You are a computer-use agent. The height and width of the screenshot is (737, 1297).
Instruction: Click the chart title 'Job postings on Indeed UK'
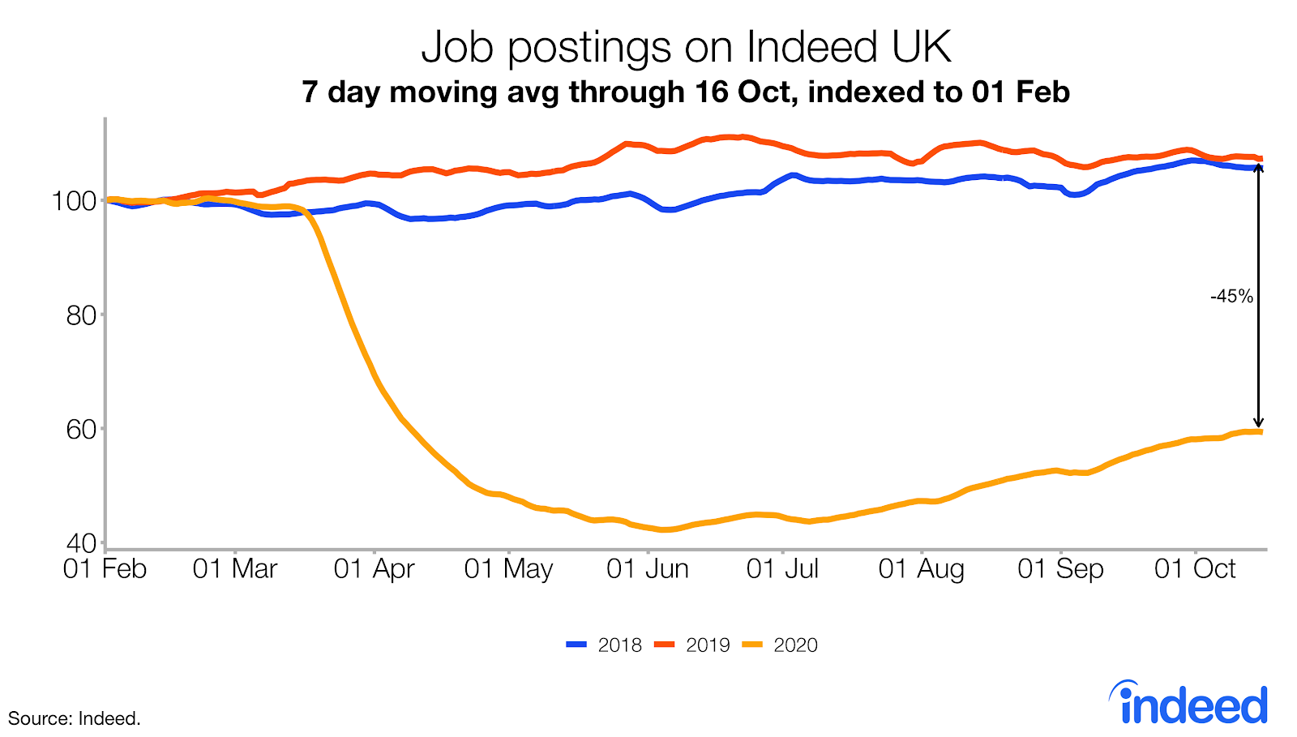(x=686, y=47)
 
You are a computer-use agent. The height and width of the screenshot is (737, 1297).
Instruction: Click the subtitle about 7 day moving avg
(x=686, y=92)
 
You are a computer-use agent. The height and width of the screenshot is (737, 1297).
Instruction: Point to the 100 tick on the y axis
(x=75, y=200)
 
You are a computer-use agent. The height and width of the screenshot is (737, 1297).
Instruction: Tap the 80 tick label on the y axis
(x=81, y=315)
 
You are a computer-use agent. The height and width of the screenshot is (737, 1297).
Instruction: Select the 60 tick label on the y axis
(x=81, y=429)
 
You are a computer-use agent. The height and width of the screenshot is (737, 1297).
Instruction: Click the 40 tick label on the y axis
(x=81, y=542)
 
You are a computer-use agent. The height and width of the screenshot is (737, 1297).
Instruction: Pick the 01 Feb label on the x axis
(x=105, y=569)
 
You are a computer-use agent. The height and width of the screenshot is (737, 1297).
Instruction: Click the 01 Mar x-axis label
(x=235, y=569)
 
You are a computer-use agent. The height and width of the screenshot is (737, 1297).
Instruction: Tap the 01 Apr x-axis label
(x=374, y=569)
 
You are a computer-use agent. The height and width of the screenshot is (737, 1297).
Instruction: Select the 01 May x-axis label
(x=508, y=569)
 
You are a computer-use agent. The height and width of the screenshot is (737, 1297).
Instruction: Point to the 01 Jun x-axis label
(x=648, y=569)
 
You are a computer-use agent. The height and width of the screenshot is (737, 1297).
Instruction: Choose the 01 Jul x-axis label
(x=782, y=569)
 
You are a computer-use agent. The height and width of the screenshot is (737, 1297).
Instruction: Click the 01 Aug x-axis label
(x=922, y=569)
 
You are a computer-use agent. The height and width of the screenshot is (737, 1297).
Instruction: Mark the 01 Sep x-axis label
(x=1060, y=569)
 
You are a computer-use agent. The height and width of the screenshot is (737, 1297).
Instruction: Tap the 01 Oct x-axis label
(x=1195, y=569)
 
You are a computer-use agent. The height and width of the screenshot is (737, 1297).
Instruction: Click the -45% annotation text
(x=1231, y=297)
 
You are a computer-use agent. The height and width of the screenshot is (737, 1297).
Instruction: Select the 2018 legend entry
(x=604, y=645)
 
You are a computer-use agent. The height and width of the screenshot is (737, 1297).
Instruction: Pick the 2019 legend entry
(x=692, y=645)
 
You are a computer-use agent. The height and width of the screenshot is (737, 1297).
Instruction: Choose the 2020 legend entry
(x=781, y=645)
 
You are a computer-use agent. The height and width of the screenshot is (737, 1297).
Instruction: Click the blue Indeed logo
(x=1189, y=703)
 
